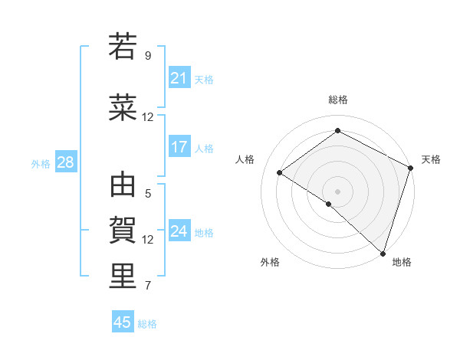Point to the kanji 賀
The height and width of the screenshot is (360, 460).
pos(123,229)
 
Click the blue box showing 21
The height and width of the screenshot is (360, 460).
pos(179,77)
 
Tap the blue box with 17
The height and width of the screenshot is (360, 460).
pos(179,147)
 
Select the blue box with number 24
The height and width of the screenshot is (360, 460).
pos(179,231)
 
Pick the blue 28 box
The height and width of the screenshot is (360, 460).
pos(65,162)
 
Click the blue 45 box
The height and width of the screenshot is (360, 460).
pos(123,322)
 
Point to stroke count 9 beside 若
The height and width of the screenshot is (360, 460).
pos(148,56)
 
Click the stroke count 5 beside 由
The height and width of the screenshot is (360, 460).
pos(148,194)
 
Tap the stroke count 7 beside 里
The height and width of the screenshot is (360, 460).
pos(148,286)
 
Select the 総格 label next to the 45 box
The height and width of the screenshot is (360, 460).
pos(147,324)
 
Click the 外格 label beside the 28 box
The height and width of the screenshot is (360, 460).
pos(41,163)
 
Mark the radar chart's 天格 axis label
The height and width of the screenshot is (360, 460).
pos(431,159)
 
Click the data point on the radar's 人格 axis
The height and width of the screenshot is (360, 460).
pos(280,172)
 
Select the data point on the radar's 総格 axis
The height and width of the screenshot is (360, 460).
pos(337,131)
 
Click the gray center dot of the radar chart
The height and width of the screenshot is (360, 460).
pos(337,191)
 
